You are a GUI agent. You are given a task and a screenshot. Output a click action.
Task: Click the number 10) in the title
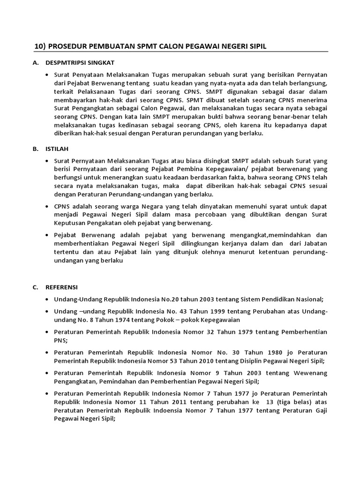(41, 46)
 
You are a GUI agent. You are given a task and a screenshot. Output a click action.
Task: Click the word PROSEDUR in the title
(68, 46)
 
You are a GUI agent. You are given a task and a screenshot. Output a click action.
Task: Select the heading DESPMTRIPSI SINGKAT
(80, 62)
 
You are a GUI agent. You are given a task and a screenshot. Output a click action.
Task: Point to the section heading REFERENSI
(62, 286)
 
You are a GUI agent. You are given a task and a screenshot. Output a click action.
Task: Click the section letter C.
(35, 286)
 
